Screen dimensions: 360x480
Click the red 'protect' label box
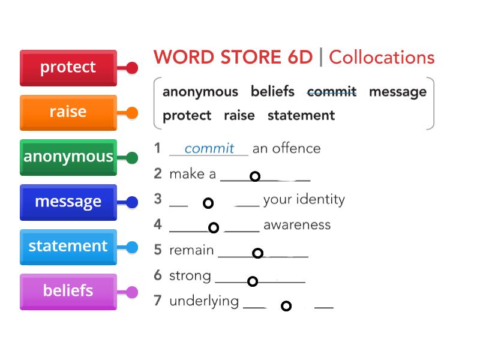68,67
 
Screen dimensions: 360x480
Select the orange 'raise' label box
68,112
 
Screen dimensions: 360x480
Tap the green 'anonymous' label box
68,157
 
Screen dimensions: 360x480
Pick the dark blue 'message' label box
68,202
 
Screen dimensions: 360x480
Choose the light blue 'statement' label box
68,247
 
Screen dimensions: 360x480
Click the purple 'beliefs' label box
68,291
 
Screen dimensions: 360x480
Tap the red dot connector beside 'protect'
132,68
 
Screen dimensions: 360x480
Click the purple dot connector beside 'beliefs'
132,293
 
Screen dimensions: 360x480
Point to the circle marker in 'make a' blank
255,176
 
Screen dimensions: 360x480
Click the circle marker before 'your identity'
208,203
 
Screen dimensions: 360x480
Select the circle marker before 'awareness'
214,227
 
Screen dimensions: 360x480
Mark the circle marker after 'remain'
257,253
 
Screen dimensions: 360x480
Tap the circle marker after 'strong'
253,281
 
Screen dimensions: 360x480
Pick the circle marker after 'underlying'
286,306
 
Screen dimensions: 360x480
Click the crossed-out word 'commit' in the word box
331,92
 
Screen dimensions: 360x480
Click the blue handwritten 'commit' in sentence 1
208,149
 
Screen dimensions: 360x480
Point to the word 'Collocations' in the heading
382,58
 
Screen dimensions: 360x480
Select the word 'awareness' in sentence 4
297,225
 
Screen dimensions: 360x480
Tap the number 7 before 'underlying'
158,301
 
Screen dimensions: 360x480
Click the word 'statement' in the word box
301,115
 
